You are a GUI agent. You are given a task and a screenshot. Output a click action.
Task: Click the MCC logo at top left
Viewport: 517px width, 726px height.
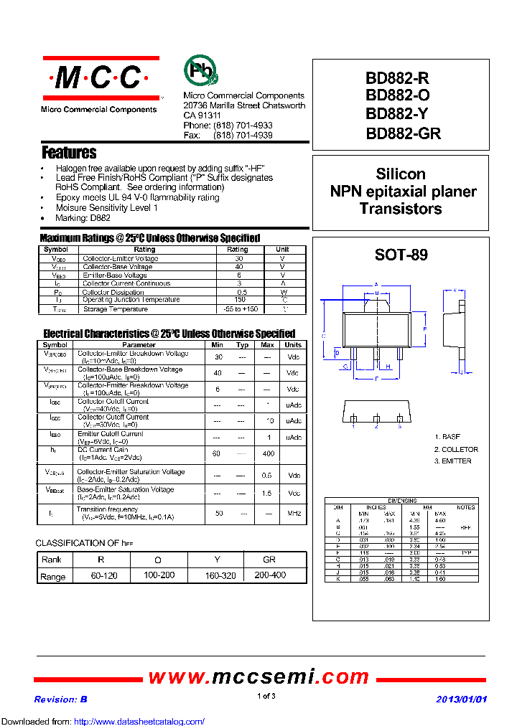click(x=101, y=77)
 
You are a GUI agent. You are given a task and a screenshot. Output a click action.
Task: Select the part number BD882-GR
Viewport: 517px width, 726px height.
click(x=403, y=133)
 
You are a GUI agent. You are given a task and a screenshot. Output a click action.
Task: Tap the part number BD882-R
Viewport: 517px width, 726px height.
click(x=397, y=80)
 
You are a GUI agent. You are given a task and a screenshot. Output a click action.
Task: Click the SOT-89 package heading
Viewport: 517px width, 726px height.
click(x=401, y=255)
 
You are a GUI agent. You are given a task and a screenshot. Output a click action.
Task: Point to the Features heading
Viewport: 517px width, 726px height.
click(x=69, y=153)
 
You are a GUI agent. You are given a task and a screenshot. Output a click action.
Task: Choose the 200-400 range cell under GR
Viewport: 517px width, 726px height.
click(x=269, y=576)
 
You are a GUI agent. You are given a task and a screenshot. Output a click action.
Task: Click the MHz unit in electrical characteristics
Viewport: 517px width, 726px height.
click(x=293, y=514)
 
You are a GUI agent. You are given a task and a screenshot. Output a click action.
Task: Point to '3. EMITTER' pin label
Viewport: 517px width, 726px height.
click(x=452, y=461)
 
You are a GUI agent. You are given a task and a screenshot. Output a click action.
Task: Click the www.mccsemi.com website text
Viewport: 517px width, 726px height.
click(x=258, y=677)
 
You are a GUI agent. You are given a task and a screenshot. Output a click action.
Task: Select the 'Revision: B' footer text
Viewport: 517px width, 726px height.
click(x=60, y=699)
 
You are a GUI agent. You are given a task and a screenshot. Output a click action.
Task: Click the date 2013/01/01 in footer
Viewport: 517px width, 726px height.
click(x=461, y=699)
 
